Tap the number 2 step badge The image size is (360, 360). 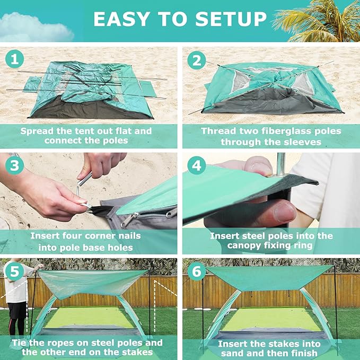pyautogui.click(x=197, y=60)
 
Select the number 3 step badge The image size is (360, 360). pyautogui.click(x=15, y=165)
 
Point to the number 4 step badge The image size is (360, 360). pyautogui.click(x=197, y=165)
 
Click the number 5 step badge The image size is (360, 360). pyautogui.click(x=15, y=271)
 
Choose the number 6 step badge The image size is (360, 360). pyautogui.click(x=197, y=271)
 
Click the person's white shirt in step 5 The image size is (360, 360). pyautogui.click(x=16, y=292)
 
